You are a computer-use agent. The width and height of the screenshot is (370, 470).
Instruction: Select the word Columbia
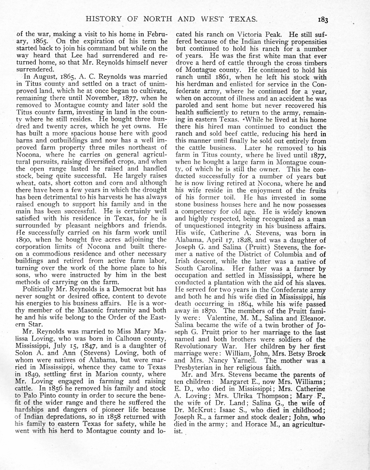tap(282, 254)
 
